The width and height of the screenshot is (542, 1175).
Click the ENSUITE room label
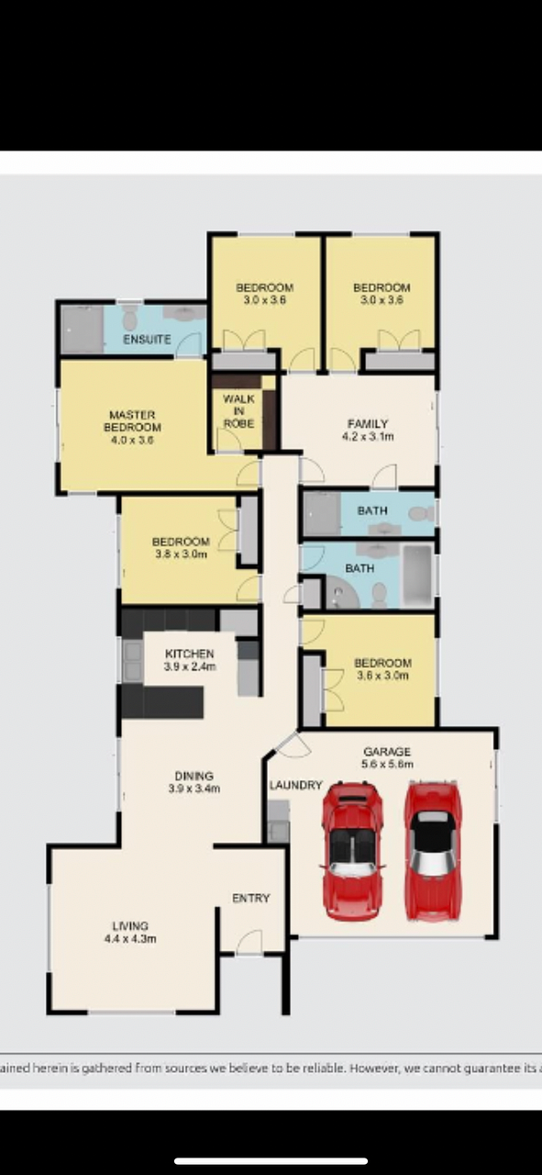point(147,340)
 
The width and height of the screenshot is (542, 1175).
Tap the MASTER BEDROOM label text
point(132,421)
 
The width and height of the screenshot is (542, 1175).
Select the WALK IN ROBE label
point(238,411)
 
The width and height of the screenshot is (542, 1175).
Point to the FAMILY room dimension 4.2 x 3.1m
point(368,436)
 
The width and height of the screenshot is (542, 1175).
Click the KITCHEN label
point(189,654)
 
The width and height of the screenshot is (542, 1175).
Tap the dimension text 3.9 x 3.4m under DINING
point(194,789)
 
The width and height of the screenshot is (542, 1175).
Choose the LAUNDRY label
point(295,785)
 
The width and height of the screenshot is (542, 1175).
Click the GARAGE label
point(387,752)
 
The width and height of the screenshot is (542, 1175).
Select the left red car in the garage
point(352,851)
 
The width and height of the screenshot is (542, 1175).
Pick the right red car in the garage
point(433,850)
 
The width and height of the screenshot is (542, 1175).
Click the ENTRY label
point(251,898)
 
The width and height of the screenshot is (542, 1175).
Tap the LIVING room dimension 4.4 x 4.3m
point(130,939)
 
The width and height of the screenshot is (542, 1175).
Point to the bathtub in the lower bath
point(418,576)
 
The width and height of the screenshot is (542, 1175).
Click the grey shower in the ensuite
point(83,330)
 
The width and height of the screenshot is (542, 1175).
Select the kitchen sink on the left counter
point(133,660)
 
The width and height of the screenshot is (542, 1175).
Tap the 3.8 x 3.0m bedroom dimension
point(182,554)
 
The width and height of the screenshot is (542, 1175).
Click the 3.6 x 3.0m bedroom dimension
point(382,675)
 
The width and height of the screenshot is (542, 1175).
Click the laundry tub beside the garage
point(279,822)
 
